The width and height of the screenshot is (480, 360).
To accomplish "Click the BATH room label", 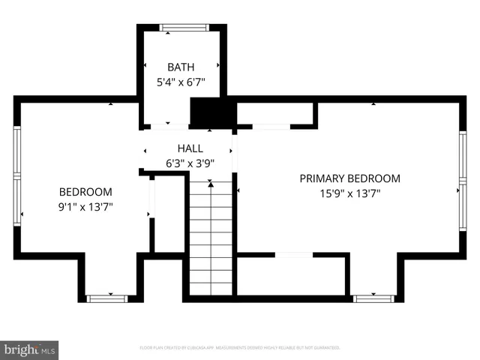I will coord(181,67).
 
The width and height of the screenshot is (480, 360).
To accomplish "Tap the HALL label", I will coord(190,148).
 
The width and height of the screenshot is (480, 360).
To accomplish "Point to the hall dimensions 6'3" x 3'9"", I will coord(190,162).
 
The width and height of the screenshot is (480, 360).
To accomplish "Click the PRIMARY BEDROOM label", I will coord(349,178).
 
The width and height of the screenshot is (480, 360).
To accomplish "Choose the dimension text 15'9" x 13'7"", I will coord(349,193).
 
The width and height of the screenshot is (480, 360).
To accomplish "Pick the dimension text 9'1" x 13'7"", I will coord(86,205).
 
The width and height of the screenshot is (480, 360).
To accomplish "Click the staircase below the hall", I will coord(211,240).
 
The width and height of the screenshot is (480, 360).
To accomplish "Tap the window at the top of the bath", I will coord(185,28).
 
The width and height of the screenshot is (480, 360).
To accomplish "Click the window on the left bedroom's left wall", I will coord(17,176).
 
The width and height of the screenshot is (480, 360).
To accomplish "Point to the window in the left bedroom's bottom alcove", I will coord(107,298).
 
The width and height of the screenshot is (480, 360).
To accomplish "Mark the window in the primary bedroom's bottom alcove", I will coord(373,298).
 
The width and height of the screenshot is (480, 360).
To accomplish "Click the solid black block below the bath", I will coord(213,112).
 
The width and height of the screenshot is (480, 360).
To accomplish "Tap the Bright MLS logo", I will coord(29,349).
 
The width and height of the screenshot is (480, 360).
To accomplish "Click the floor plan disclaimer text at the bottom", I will coord(240,348).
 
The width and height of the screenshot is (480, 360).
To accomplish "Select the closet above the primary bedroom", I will coord(274,114).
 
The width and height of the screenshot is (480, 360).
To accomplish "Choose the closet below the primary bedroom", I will coord(292,274).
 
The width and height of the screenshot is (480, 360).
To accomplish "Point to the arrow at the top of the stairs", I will coord(211,182).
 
